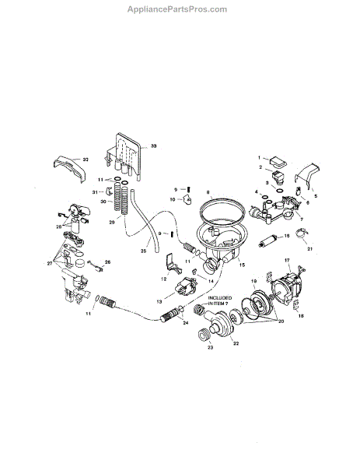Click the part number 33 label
153,146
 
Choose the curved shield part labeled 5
307,175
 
